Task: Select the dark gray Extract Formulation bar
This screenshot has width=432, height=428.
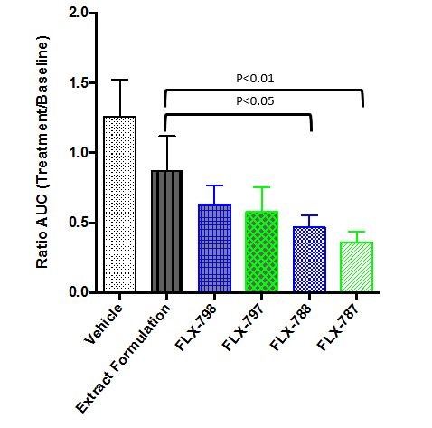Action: click(166, 232)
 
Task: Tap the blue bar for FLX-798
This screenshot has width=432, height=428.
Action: click(214, 249)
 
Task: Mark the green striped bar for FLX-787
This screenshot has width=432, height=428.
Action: click(353, 267)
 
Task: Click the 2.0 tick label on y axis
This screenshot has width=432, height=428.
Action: click(79, 14)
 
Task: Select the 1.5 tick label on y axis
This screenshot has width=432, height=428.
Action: click(79, 83)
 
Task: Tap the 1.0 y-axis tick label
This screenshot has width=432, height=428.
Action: click(79, 153)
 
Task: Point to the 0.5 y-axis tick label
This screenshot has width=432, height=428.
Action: click(79, 223)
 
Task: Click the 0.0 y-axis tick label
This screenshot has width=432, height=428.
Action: click(79, 292)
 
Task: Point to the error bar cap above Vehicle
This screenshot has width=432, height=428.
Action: click(120, 80)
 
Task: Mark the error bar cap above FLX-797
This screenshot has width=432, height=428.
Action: click(261, 187)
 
